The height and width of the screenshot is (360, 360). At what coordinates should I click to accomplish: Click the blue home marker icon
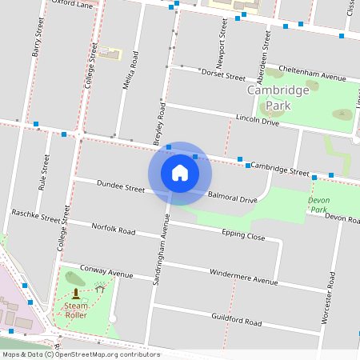pyautogui.click(x=180, y=173)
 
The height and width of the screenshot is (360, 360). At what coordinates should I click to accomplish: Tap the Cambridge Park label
pyautogui.click(x=278, y=98)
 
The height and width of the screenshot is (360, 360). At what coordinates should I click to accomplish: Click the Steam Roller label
pyautogui.click(x=76, y=310)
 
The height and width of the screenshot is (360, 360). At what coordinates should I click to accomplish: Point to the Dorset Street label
pyautogui.click(x=223, y=76)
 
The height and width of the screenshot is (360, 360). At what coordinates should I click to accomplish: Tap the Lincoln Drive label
pyautogui.click(x=257, y=122)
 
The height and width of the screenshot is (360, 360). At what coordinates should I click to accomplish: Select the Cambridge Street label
pyautogui.click(x=279, y=170)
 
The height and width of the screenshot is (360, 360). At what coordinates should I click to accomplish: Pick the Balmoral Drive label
pyautogui.click(x=232, y=197)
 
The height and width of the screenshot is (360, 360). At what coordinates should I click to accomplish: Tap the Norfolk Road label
pyautogui.click(x=114, y=230)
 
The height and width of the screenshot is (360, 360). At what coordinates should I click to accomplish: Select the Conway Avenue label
pyautogui.click(x=106, y=272)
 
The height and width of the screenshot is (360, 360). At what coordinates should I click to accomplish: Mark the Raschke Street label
pyautogui.click(x=36, y=216)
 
